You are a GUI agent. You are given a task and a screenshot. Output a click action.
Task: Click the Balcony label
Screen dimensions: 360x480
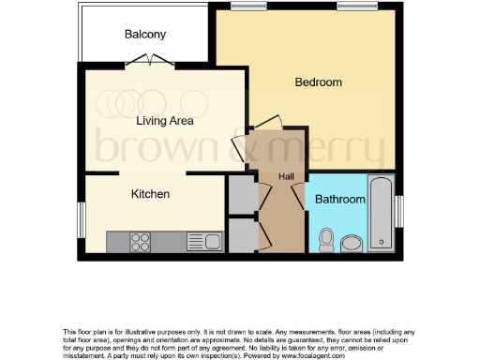click(145, 35)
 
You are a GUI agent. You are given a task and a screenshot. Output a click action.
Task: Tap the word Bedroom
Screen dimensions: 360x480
click(318, 82)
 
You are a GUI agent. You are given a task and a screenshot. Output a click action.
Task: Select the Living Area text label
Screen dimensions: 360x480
click(164, 120)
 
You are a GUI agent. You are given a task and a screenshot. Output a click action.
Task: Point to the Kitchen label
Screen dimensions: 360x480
click(150, 194)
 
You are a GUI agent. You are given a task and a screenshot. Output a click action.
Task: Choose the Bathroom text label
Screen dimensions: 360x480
click(338, 200)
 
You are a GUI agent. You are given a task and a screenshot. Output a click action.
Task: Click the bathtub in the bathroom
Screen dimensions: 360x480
click(381, 213)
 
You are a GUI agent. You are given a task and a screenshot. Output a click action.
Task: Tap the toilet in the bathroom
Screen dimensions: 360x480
click(326, 242)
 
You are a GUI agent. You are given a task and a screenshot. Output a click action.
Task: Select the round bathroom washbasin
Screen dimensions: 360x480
click(352, 244)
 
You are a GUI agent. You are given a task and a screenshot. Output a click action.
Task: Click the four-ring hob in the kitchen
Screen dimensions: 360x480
click(142, 241)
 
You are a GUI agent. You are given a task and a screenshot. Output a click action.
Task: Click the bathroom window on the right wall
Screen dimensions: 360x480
click(400, 211)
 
